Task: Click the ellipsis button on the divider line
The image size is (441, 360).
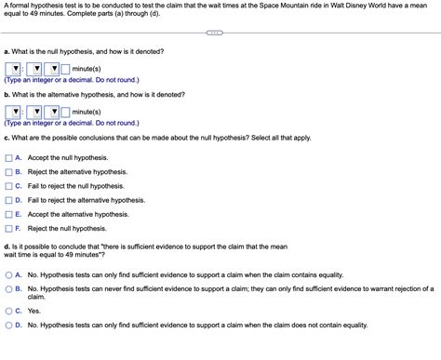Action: (214, 34)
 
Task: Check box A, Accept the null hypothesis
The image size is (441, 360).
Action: (8, 158)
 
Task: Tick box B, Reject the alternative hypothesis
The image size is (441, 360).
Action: (8, 172)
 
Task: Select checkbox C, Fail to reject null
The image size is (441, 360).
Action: (8, 186)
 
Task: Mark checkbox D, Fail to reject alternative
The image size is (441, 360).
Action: (8, 200)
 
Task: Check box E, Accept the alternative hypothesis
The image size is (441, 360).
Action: (8, 214)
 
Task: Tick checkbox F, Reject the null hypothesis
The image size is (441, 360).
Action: (8, 228)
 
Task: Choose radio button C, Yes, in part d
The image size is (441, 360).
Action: (8, 312)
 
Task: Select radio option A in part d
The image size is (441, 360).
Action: (8, 275)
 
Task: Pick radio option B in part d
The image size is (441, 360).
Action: (8, 289)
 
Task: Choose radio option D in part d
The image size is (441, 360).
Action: (8, 326)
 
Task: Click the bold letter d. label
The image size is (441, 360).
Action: (7, 246)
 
